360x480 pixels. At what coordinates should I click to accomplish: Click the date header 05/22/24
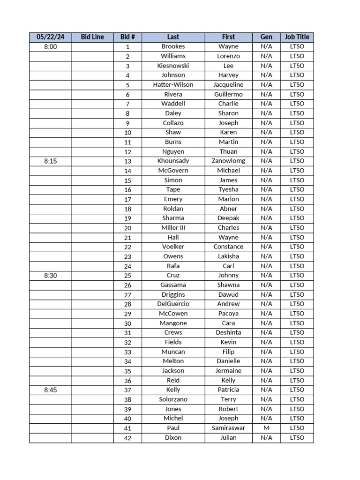(50, 37)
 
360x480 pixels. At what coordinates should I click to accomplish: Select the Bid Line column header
(92, 37)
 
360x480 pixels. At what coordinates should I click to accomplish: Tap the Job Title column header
(297, 37)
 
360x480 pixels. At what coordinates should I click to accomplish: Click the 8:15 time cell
(50, 161)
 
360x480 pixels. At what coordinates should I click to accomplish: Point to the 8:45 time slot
(50, 390)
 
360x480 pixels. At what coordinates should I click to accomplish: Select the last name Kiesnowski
(173, 66)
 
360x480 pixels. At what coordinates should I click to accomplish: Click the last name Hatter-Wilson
(173, 85)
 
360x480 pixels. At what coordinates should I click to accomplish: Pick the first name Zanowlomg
(228, 161)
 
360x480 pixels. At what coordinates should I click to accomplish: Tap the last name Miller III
(173, 228)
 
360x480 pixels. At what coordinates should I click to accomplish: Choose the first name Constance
(228, 247)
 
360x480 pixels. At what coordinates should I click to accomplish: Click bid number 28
(127, 304)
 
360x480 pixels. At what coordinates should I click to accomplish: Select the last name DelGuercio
(173, 304)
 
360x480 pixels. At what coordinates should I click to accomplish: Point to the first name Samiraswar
(228, 428)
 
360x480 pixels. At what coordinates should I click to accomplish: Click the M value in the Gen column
(266, 428)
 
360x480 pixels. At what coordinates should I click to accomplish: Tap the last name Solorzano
(173, 399)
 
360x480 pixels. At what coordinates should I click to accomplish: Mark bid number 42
(127, 438)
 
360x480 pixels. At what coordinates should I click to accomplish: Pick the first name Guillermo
(228, 94)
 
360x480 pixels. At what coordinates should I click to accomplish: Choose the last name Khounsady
(173, 161)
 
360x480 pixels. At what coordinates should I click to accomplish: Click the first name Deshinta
(228, 332)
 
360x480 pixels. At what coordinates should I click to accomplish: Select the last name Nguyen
(173, 151)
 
